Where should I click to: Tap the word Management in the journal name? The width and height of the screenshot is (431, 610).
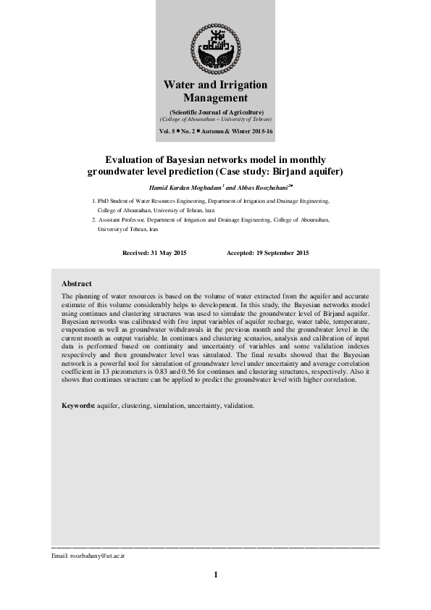215,98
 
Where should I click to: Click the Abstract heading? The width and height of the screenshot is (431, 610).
77,283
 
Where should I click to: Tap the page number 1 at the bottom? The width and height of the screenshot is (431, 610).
215,575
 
